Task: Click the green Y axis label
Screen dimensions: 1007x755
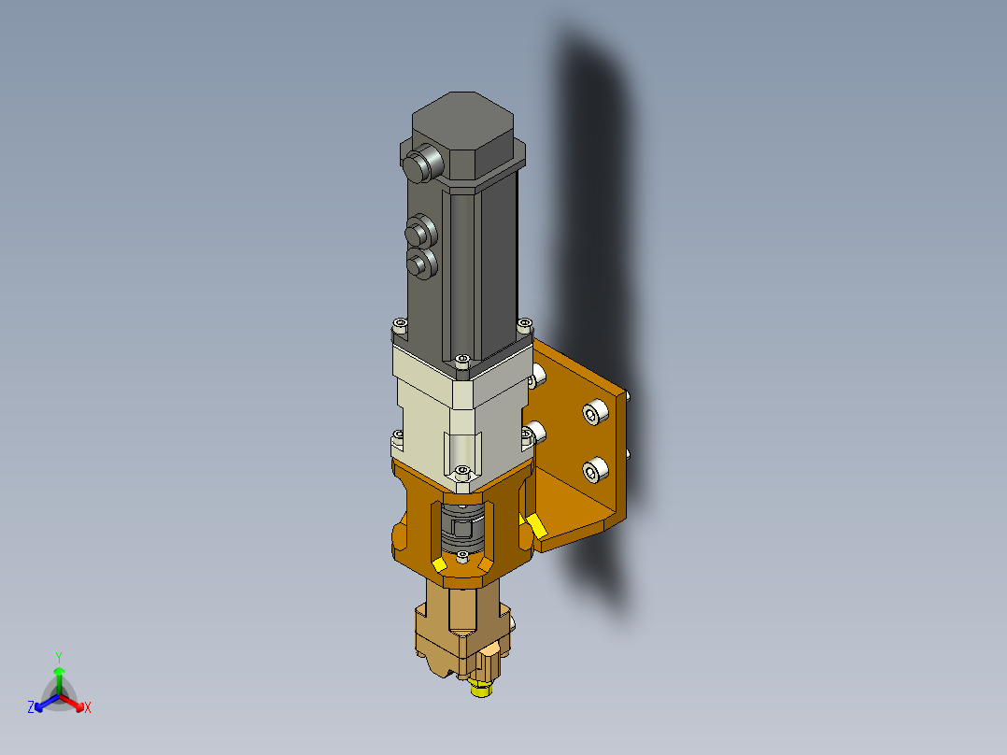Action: pyautogui.click(x=59, y=658)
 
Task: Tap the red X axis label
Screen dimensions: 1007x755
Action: pyautogui.click(x=88, y=707)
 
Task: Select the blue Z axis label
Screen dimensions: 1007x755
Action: pyautogui.click(x=31, y=707)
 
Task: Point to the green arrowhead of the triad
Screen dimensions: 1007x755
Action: pyautogui.click(x=59, y=672)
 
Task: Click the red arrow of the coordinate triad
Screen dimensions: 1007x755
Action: pyautogui.click(x=72, y=703)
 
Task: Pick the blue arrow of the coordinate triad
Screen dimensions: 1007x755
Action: pyautogui.click(x=47, y=703)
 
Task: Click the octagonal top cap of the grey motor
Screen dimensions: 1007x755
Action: pyautogui.click(x=462, y=134)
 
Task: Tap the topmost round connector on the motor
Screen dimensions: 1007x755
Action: pyautogui.click(x=422, y=164)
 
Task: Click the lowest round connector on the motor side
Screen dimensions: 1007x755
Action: pyautogui.click(x=422, y=264)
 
